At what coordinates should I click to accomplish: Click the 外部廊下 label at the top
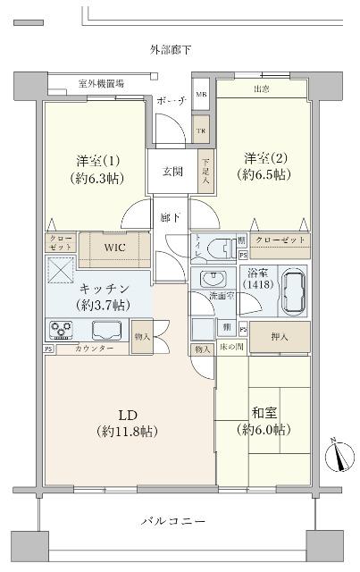pos(170,50)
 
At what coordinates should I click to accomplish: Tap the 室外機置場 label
pos(101,83)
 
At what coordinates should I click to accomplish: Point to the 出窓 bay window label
pos(261,88)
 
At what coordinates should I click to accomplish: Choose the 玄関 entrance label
pos(172,172)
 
